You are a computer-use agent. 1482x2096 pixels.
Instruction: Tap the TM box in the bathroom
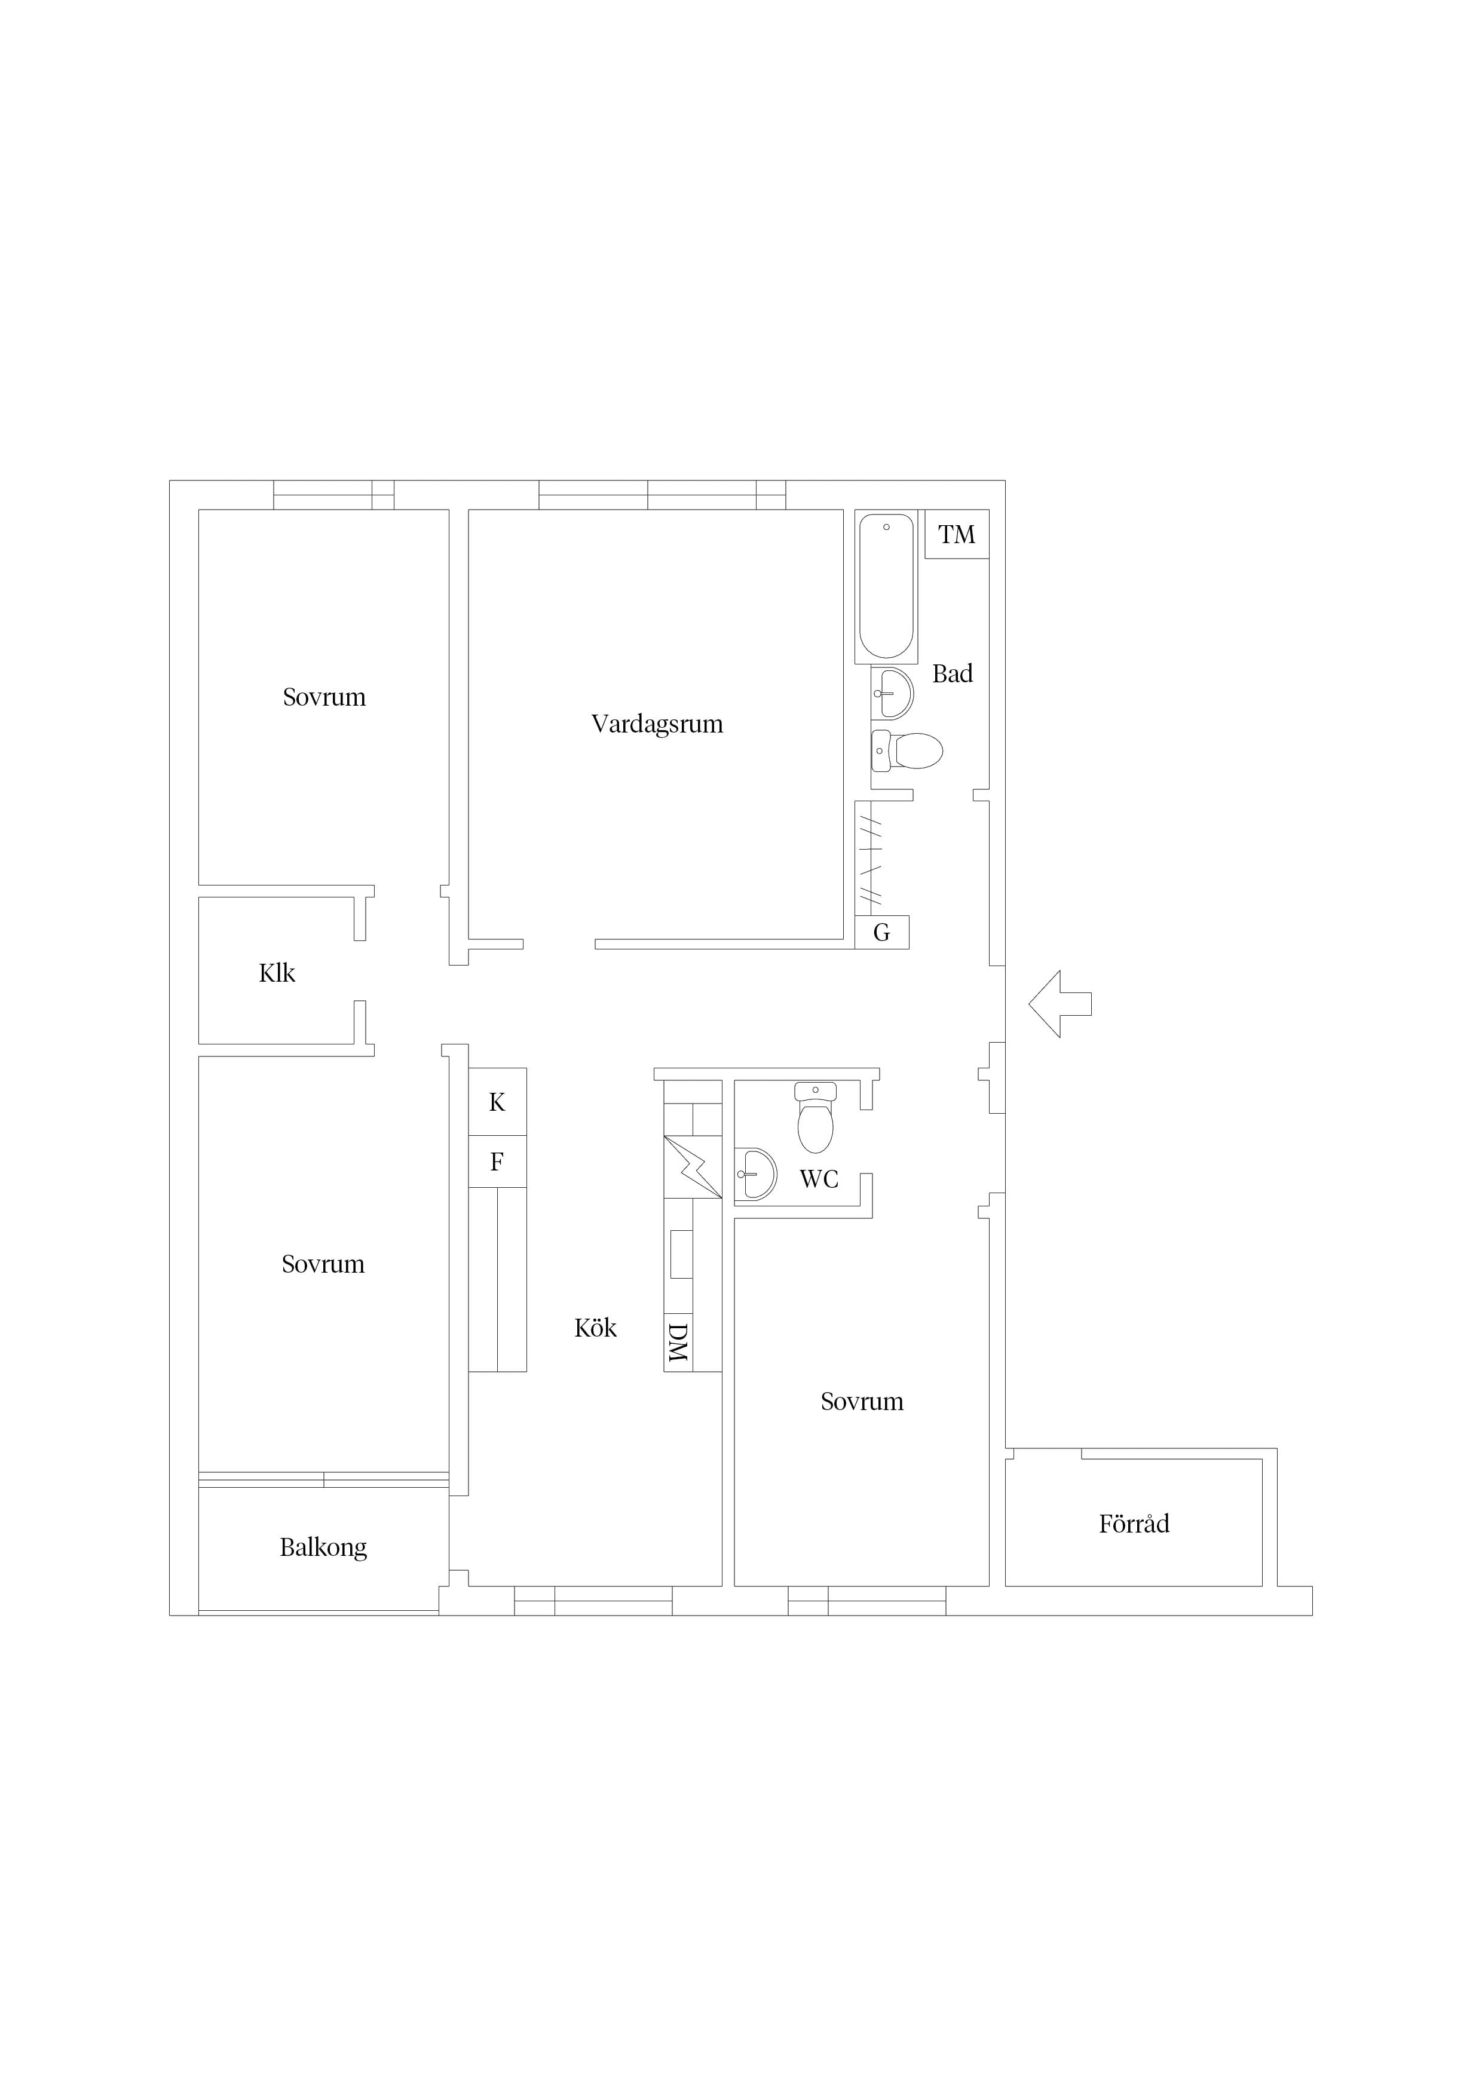pos(956,534)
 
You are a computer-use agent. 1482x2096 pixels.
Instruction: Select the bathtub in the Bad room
pos(886,586)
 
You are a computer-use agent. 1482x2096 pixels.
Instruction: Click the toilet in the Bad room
pos(906,750)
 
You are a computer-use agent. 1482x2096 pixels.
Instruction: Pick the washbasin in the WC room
pos(756,1173)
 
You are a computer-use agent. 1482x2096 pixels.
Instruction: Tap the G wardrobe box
pos(882,932)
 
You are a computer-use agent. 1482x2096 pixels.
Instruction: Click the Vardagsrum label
pos(657,724)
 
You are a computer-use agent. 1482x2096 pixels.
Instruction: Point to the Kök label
pos(595,1328)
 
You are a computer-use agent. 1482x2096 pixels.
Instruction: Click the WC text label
pos(819,1179)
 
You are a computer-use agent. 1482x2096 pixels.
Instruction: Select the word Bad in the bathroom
pos(953,674)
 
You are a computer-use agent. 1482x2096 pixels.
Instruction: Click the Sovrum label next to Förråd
pos(862,1401)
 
